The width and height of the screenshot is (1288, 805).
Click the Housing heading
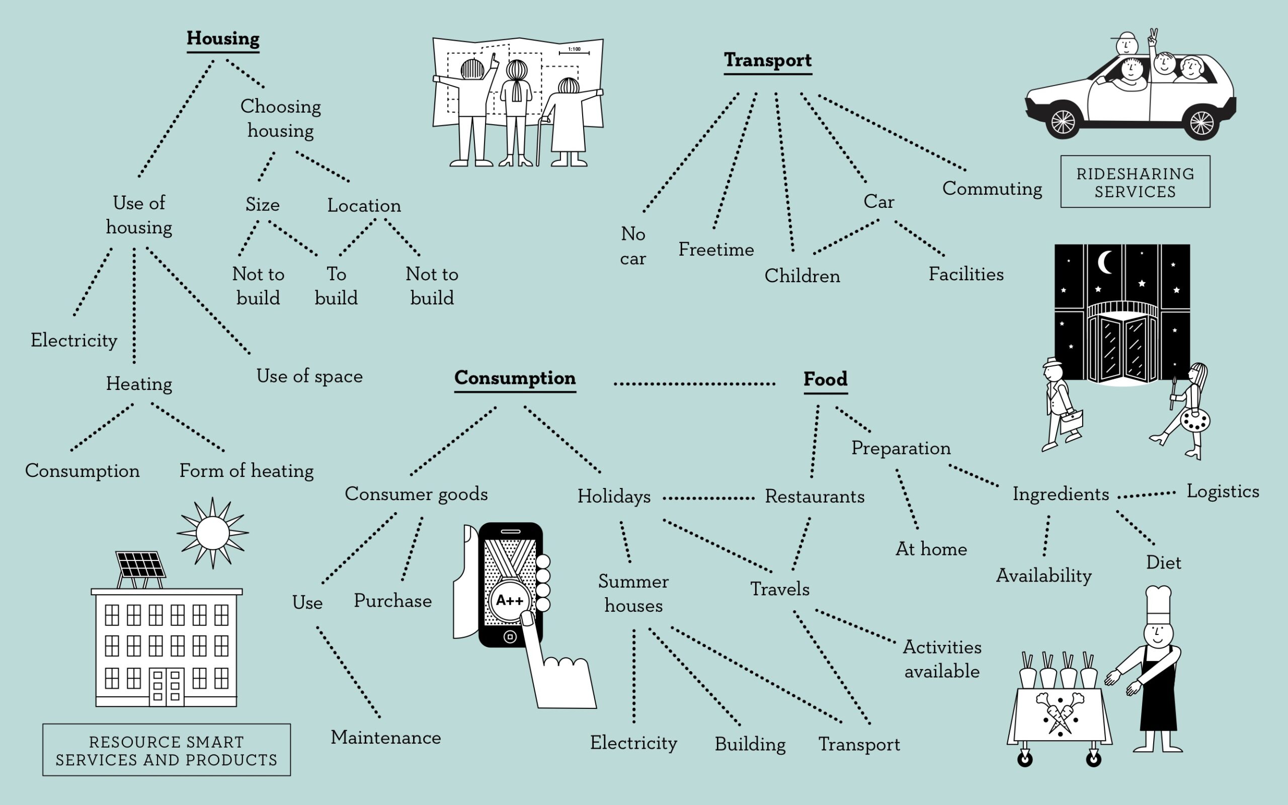tap(223, 38)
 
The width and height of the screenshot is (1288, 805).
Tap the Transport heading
tap(767, 60)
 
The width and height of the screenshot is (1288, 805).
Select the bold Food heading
tap(825, 379)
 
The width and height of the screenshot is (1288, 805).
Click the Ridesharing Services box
tap(1135, 182)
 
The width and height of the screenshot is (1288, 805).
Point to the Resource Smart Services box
tap(167, 750)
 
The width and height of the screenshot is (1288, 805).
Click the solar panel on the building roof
tap(140, 565)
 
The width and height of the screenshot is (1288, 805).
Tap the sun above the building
tap(212, 533)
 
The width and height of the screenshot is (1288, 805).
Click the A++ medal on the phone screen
tap(509, 601)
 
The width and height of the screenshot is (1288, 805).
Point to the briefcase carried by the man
tap(1071, 421)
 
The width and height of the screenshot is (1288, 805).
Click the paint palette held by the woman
tap(1195, 421)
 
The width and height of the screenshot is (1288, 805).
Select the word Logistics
tap(1223, 492)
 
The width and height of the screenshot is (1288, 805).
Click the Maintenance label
tap(385, 738)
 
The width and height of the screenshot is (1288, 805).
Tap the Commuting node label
tap(992, 189)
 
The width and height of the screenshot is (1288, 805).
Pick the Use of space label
tap(309, 376)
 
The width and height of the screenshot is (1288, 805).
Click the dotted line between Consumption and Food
tap(694, 383)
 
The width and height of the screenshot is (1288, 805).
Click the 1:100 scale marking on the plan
tap(574, 50)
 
